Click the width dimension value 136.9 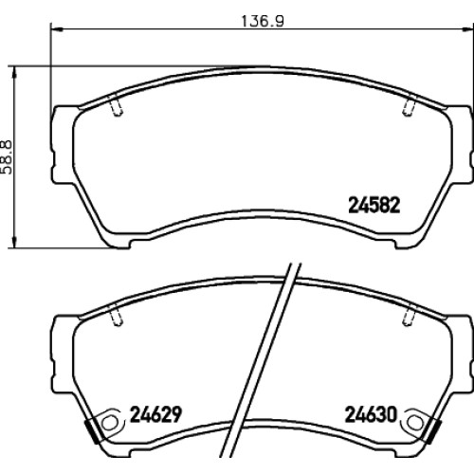263,21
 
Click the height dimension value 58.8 7,157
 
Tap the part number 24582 374,205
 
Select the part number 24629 155,414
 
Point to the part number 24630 371,414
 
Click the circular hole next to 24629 109,423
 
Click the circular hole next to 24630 414,423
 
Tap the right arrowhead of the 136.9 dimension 467,29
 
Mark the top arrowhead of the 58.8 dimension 13,73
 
